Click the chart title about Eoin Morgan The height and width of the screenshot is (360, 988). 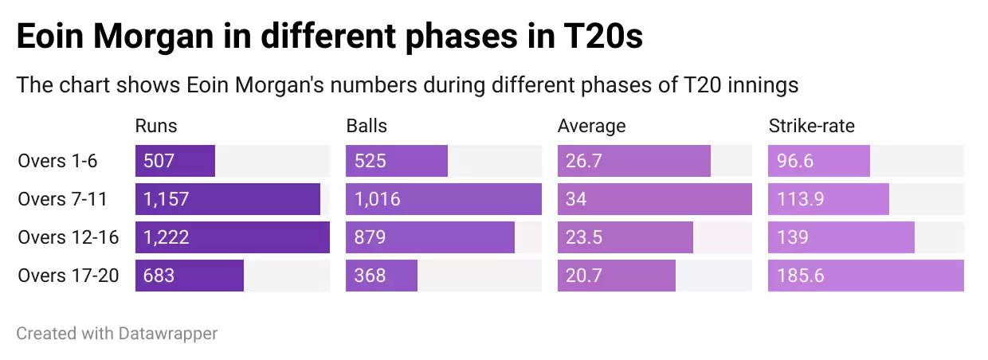coord(329,37)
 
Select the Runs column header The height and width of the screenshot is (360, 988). coord(156,126)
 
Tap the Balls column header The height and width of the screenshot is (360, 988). coord(367,126)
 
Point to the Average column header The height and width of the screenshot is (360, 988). coord(591,126)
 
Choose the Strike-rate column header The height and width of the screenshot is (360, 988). coord(811,126)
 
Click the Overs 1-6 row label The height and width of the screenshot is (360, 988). coord(57,161)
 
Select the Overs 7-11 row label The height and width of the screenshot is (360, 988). coord(62,199)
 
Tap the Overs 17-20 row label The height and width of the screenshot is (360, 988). coord(68,276)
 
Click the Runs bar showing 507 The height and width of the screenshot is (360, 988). coord(175,161)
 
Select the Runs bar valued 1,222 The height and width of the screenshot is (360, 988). coord(233,237)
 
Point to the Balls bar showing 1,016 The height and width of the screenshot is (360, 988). coord(444,199)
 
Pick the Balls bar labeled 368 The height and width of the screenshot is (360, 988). coord(382,276)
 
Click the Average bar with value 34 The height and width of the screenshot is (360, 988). coord(655,199)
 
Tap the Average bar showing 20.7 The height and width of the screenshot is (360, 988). coord(617,276)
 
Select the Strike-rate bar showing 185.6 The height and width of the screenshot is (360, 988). coord(866,276)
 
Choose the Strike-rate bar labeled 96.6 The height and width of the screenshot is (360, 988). coord(819,161)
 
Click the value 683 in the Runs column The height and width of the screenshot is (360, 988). coord(159,276)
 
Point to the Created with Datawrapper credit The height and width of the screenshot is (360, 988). coord(117,333)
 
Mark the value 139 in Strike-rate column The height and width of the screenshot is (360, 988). coord(792,237)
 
